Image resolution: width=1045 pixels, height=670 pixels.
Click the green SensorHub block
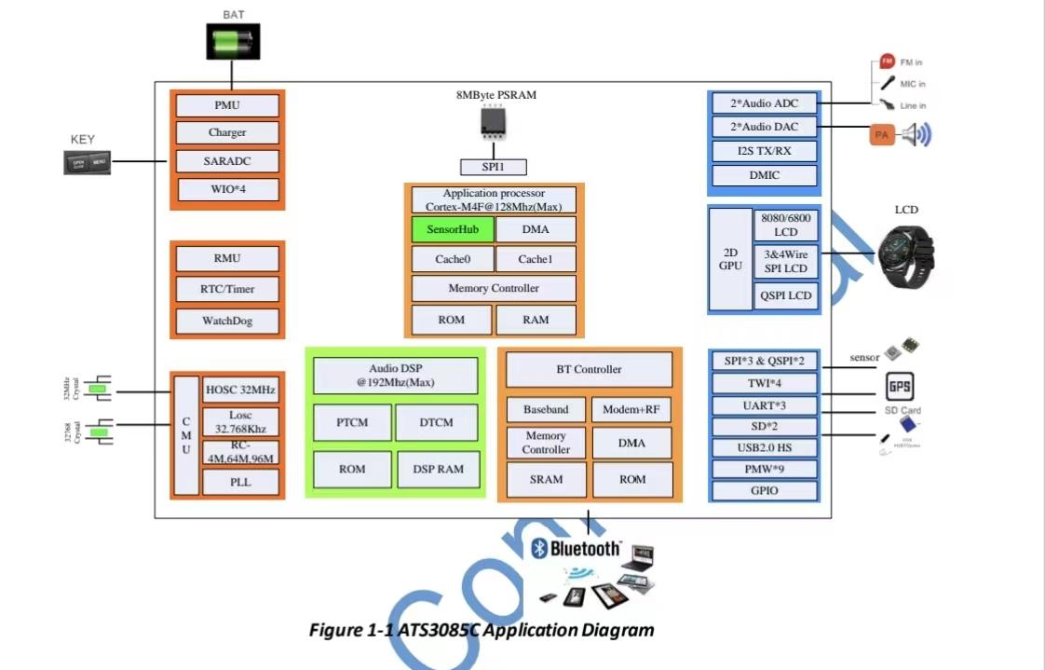click(x=453, y=229)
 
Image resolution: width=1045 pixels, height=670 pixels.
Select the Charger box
click(x=227, y=132)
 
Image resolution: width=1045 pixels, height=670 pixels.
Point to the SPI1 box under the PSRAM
click(x=494, y=167)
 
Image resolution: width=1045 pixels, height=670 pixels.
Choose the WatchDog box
click(x=227, y=321)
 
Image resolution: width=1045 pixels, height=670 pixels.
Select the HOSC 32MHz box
click(x=240, y=389)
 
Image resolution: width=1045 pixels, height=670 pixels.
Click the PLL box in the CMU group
click(x=240, y=482)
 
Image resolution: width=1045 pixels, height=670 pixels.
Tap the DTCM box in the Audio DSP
click(x=436, y=422)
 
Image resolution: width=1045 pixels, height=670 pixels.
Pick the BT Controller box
click(x=589, y=369)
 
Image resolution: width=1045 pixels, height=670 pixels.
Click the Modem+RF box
click(x=631, y=409)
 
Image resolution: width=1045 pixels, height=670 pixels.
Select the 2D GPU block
click(x=730, y=259)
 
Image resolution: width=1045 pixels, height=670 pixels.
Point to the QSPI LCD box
click(x=786, y=296)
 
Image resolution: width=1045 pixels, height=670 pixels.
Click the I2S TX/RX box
click(x=764, y=151)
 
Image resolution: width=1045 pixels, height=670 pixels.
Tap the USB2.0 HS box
click(x=764, y=447)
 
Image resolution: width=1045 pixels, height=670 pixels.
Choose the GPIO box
click(x=764, y=491)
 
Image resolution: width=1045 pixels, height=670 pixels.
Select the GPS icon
click(x=899, y=387)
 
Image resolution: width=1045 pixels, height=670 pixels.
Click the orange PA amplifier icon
click(x=882, y=136)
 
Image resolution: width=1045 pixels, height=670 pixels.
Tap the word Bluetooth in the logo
click(x=585, y=548)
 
